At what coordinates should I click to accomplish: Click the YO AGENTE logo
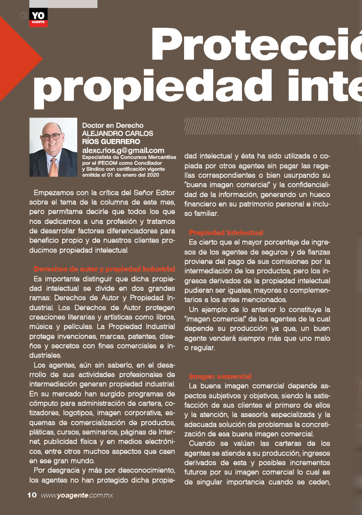38,17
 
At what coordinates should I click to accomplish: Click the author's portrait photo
53,147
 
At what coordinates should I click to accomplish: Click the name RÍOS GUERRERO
111,141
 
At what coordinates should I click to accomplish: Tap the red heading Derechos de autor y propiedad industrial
105,269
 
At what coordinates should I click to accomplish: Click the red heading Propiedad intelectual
226,232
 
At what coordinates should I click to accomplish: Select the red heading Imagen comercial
220,376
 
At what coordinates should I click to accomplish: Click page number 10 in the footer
32,495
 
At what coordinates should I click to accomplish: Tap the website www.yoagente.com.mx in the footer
77,496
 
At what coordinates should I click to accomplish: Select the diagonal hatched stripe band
273,126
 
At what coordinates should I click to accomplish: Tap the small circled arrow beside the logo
24,15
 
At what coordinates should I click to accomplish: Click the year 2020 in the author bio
150,175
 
